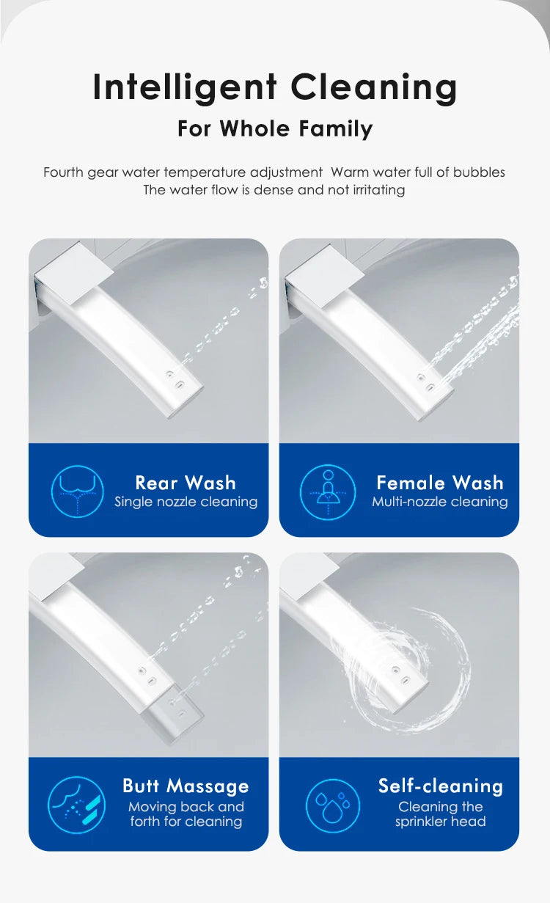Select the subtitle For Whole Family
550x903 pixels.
pyautogui.click(x=275, y=129)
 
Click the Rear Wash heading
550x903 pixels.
pyautogui.click(x=186, y=483)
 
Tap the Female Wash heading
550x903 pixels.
pyautogui.click(x=440, y=483)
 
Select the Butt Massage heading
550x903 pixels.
pyautogui.click(x=186, y=786)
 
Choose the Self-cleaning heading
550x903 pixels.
pyautogui.click(x=441, y=786)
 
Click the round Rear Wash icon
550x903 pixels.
pyautogui.click(x=77, y=491)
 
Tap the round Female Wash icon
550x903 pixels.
pyautogui.click(x=328, y=491)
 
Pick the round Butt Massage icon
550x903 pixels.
pyautogui.click(x=76, y=805)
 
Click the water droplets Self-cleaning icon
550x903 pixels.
pyautogui.click(x=332, y=805)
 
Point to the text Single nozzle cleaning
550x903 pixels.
pyautogui.click(x=186, y=502)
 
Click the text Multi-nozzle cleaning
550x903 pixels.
pyautogui.click(x=439, y=502)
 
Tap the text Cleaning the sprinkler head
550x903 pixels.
pyautogui.click(x=441, y=814)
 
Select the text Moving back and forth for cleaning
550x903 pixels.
pyautogui.click(x=186, y=814)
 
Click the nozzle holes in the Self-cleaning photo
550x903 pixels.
pyautogui.click(x=401, y=674)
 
